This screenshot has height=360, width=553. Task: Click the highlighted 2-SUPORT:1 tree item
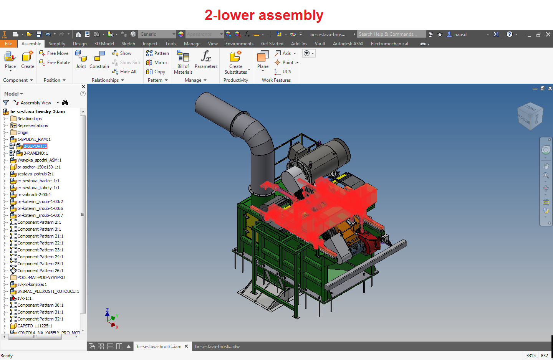coord(35,146)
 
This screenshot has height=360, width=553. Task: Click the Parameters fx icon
coord(206,57)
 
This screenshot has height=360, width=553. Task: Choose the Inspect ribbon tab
coord(150,44)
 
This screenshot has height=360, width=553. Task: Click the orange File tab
coord(8,44)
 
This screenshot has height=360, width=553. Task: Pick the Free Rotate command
coord(55,63)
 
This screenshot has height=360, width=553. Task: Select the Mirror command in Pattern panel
coord(157,63)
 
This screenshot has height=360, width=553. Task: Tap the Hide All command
coord(124,72)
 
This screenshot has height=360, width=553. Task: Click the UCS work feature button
coord(283,72)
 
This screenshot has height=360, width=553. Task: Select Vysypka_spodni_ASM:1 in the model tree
coord(39,160)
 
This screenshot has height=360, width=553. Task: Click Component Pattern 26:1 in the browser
coord(40,271)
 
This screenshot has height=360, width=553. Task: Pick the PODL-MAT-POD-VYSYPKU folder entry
coord(41,277)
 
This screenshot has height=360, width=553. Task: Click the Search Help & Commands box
coord(391,34)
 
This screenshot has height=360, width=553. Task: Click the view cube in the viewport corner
coord(530,116)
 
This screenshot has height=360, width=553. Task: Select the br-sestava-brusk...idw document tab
coord(217,347)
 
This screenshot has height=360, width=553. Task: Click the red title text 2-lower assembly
coord(264,15)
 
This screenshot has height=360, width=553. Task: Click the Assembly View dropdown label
coord(36,103)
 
